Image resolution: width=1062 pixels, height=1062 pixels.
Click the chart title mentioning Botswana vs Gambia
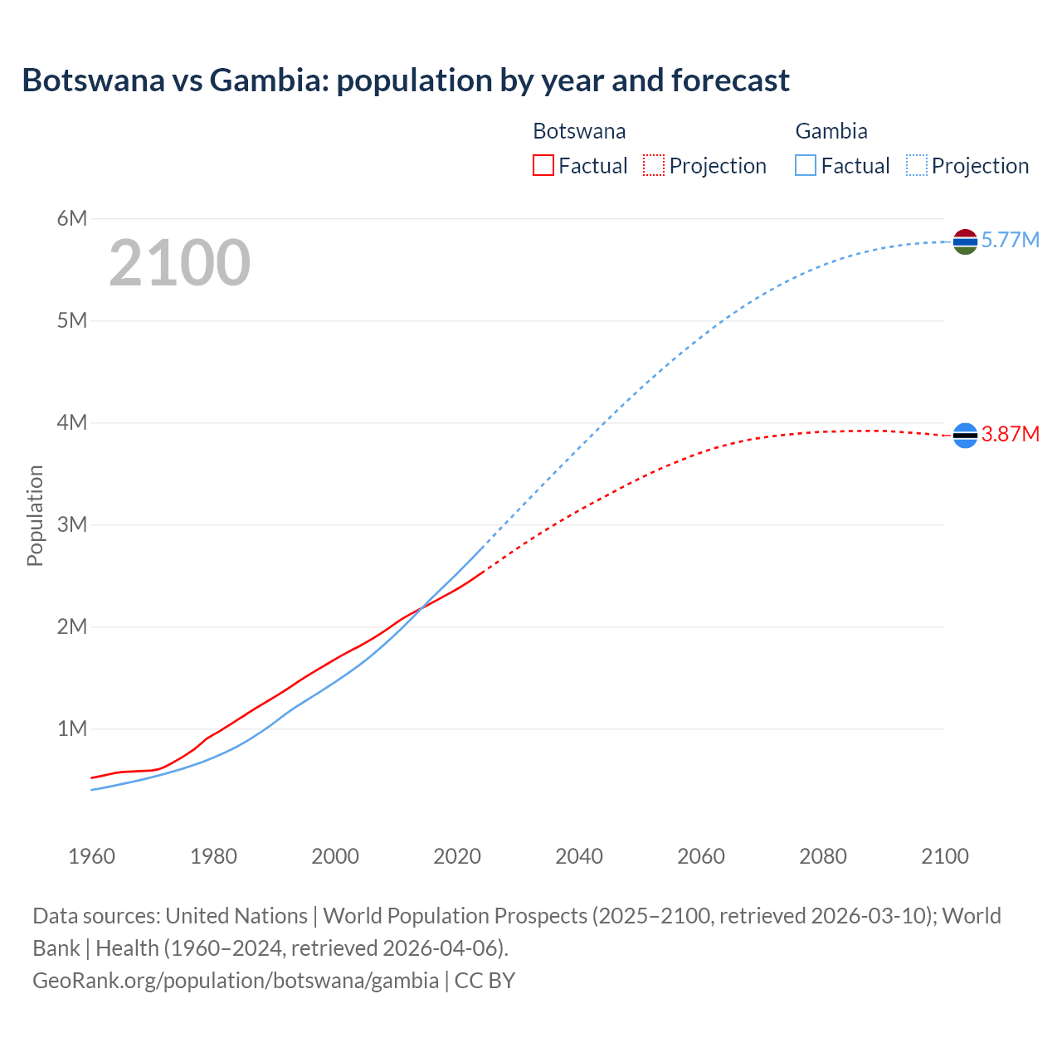pos(405,80)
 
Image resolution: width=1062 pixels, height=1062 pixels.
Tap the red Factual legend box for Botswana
pos(543,165)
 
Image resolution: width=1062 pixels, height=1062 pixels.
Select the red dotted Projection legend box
pos(654,165)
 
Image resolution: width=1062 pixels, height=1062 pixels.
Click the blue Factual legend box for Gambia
pos(805,165)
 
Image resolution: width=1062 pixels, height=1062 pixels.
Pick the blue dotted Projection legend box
pos(916,165)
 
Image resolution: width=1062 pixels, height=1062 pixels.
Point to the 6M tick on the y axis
pos(72,218)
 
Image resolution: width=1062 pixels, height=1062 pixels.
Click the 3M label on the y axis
pos(72,524)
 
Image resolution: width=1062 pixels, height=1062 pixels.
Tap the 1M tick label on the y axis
pos(72,728)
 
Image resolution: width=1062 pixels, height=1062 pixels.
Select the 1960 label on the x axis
pos(91,856)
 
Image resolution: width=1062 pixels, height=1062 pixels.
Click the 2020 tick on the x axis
pos(457,856)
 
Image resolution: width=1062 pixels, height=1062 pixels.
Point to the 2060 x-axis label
pos(701,856)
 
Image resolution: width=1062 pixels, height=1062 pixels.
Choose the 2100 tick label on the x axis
pos(945,856)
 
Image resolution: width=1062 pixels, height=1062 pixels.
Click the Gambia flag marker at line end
pos(965,241)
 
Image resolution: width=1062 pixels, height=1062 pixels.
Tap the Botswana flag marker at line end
pos(965,435)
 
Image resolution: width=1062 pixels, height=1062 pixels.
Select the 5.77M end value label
pos(1010,241)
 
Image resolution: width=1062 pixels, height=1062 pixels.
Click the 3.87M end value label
pos(1010,434)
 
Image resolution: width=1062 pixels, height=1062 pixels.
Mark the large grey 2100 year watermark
pos(179,263)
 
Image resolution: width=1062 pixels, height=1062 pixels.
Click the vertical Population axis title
pos(35,515)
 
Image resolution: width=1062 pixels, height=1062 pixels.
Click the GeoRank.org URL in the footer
pos(236,980)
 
